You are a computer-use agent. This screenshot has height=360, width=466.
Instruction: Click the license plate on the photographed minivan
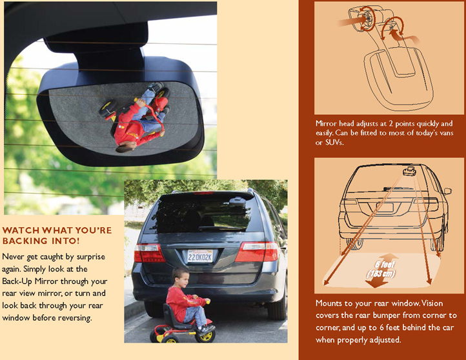pyautogui.click(x=199, y=256)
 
